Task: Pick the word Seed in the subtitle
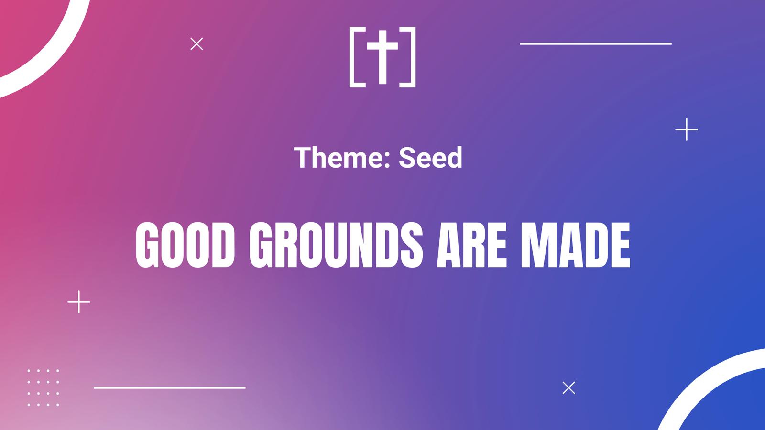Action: coord(430,158)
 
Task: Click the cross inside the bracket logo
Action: coord(382,57)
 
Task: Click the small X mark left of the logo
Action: coord(197,43)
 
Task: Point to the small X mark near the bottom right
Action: coord(568,387)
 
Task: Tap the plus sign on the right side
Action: coord(687,129)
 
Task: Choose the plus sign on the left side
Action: coord(79,302)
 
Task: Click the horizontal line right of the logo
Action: coord(596,43)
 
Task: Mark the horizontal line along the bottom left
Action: coord(170,387)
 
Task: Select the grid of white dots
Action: coord(44,387)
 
